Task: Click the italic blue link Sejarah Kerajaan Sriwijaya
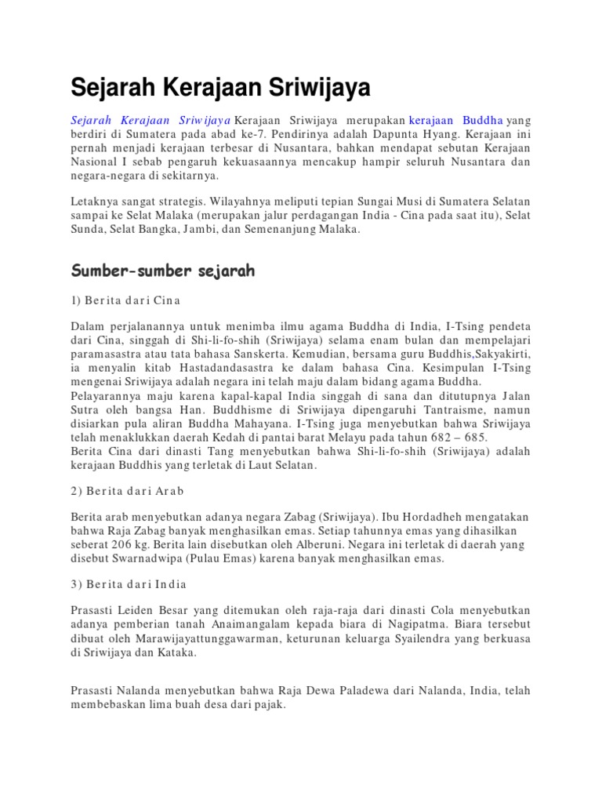pyautogui.click(x=150, y=121)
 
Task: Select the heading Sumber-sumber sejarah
pyautogui.click(x=163, y=271)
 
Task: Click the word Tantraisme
pyautogui.click(x=438, y=410)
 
